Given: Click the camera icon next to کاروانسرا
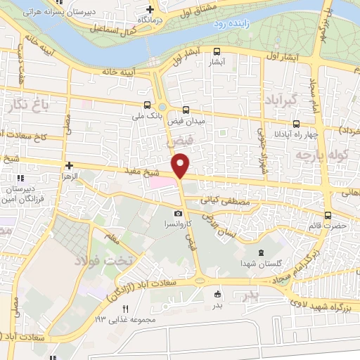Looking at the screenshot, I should [178, 213].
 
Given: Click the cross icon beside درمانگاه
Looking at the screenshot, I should [149, 9].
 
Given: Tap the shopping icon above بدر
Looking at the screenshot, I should [218, 294].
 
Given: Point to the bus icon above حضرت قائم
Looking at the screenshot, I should [328, 216].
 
